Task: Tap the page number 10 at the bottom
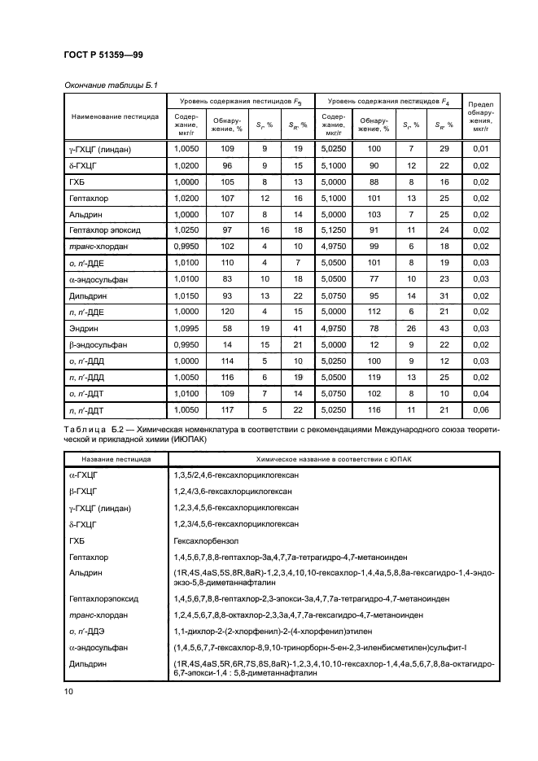[x=68, y=692]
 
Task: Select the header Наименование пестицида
[x=115, y=116]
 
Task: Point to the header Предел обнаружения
[x=480, y=116]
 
